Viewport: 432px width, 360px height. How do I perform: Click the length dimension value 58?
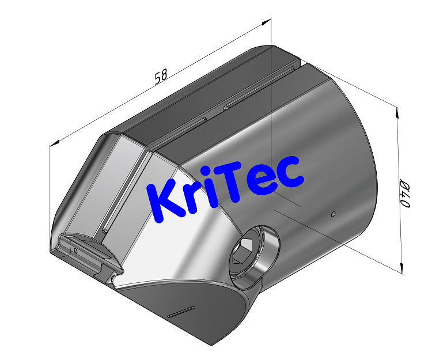coord(162,77)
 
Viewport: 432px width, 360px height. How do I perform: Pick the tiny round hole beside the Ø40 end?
coord(334,214)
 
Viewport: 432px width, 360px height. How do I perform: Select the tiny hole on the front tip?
coord(75,251)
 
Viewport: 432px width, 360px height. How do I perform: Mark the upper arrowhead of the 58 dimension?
coord(268,21)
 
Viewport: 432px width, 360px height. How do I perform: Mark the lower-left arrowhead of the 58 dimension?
coord(55,142)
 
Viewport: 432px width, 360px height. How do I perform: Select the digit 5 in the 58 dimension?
coord(158,78)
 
